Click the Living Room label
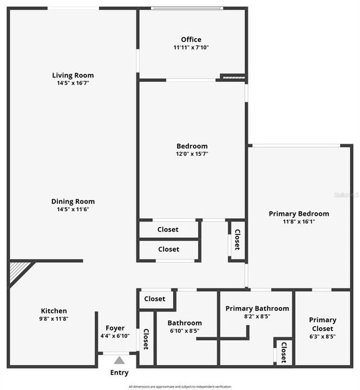[73, 75]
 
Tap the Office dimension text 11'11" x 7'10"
[191, 48]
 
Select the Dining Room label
[73, 201]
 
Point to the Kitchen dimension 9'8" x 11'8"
[54, 318]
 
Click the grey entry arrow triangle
[119, 360]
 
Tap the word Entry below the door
[119, 373]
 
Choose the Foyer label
[115, 328]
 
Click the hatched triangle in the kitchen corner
[18, 271]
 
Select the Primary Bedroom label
[299, 213]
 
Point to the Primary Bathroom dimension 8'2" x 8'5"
[257, 316]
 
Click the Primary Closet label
[323, 324]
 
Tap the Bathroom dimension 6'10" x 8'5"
[185, 331]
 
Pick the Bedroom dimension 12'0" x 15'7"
[192, 154]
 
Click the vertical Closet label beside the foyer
[146, 339]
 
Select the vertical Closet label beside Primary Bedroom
[237, 240]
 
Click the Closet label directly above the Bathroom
[155, 299]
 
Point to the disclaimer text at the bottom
[180, 387]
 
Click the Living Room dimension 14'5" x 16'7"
[73, 83]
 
